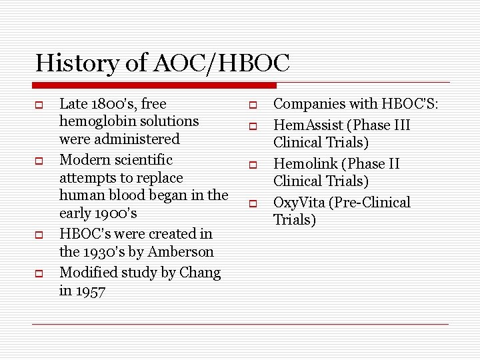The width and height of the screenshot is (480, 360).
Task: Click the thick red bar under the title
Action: click(154, 85)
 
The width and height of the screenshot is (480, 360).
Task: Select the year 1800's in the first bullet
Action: click(111, 104)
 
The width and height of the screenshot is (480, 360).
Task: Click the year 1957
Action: click(91, 291)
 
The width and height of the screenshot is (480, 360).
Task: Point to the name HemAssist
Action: click(305, 125)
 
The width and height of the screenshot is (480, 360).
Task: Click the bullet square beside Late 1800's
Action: click(39, 105)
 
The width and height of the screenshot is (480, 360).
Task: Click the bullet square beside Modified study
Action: click(39, 274)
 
